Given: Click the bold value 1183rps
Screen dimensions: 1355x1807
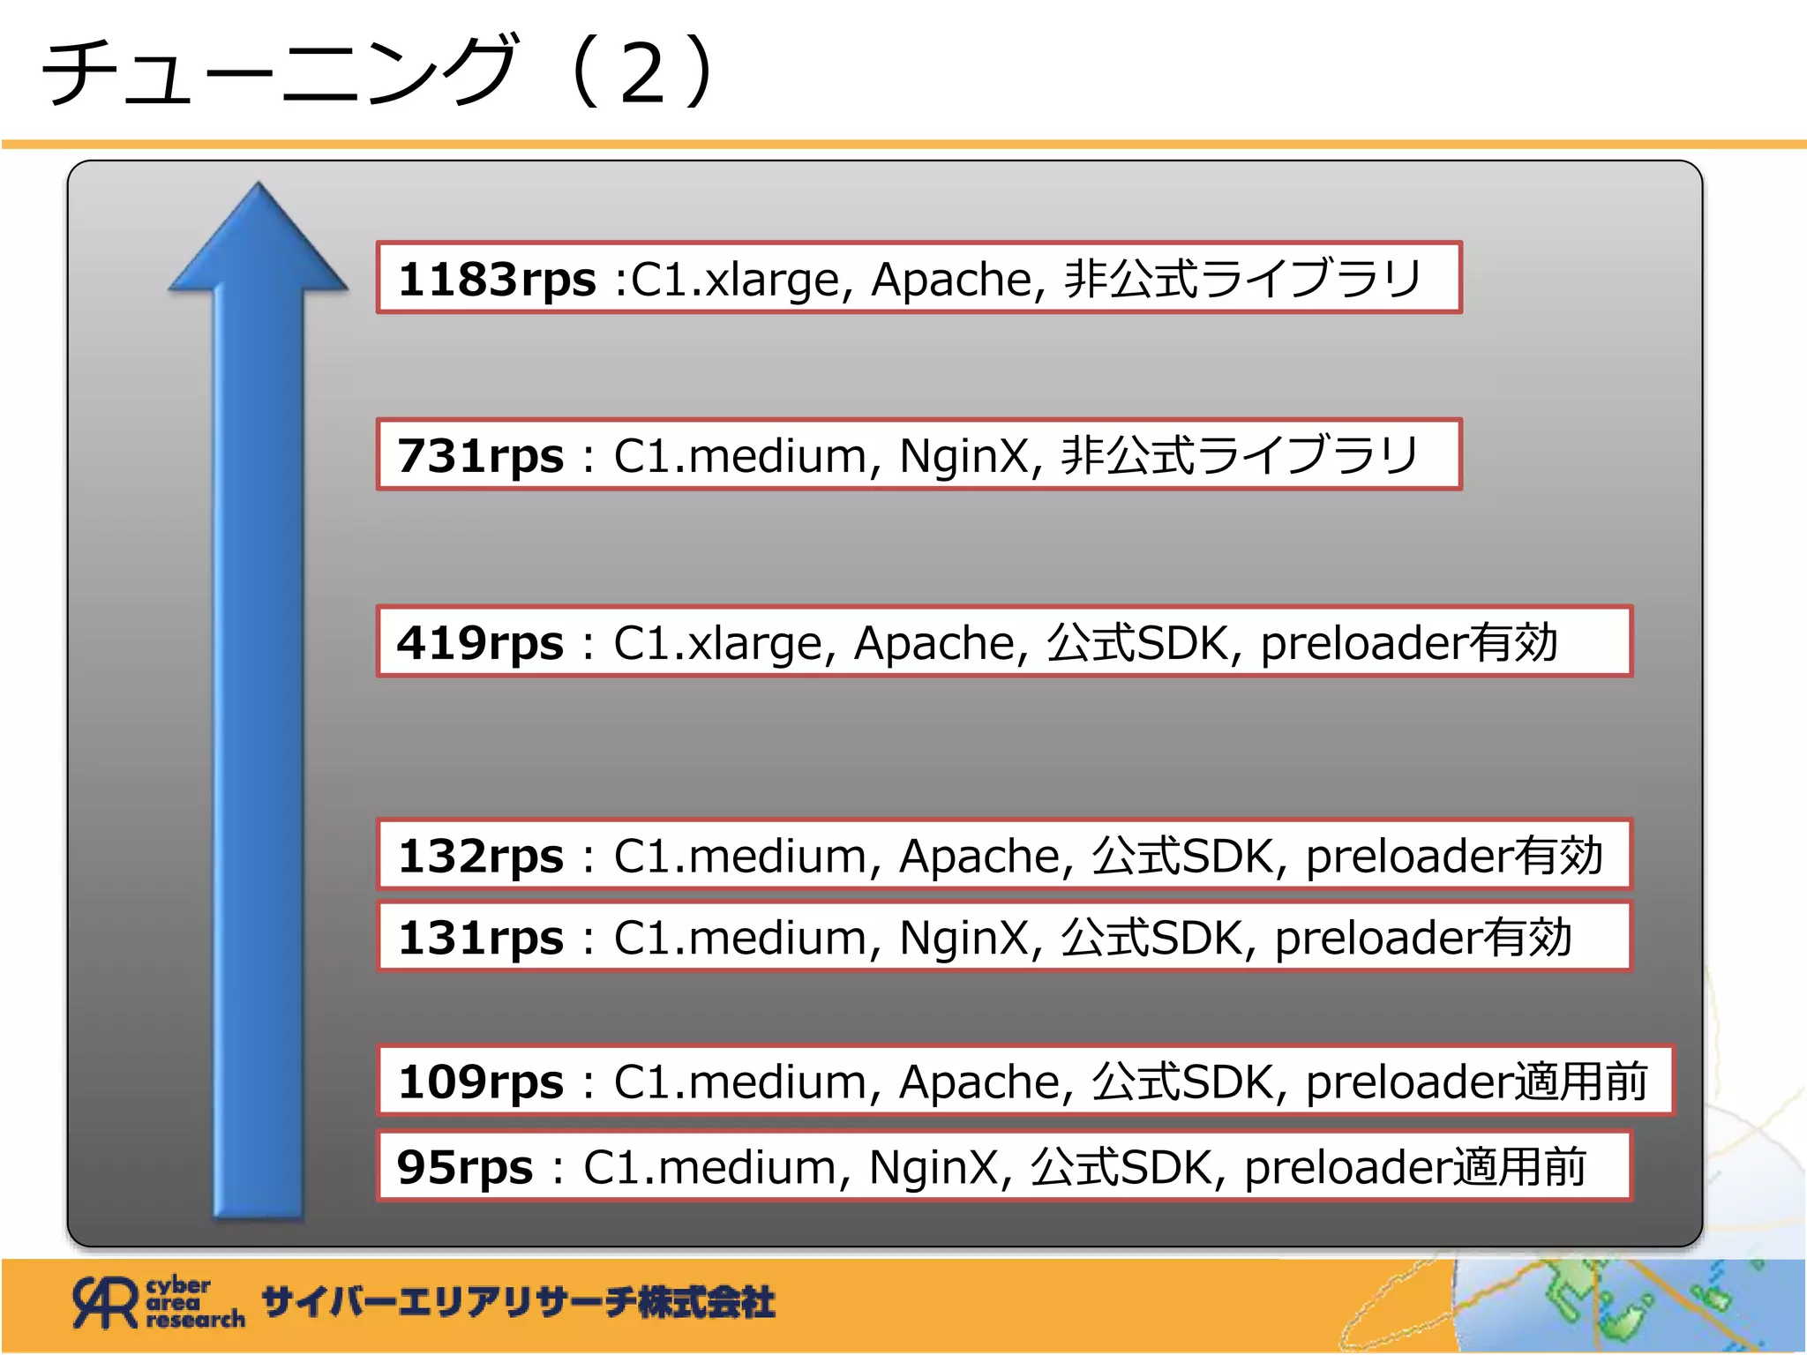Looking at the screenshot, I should [x=497, y=280].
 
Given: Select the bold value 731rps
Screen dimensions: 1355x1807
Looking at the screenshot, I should [x=480, y=457].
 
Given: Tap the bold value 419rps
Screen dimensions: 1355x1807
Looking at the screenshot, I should [x=480, y=643].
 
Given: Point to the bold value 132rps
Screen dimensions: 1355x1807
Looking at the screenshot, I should [x=480, y=857].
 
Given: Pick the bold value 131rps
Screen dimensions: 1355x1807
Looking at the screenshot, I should [x=480, y=938].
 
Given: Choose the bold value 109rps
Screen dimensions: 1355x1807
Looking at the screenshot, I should [x=480, y=1082].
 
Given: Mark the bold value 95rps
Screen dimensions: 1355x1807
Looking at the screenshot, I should [x=465, y=1167].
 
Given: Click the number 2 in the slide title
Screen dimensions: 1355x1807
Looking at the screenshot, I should [x=642, y=73].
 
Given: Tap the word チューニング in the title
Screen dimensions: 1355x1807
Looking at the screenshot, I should [x=278, y=71].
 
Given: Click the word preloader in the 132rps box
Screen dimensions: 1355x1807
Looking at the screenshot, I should [x=1406, y=857].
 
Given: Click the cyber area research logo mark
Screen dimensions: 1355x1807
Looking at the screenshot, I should [x=106, y=1302].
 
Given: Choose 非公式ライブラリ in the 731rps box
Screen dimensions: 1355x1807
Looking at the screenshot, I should [x=1240, y=457].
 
